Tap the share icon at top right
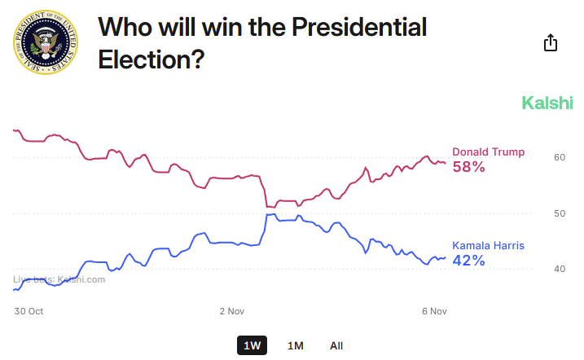(551, 42)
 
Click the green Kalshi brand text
(547, 103)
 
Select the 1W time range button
(252, 345)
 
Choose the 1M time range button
(296, 345)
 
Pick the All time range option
(336, 345)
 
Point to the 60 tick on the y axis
(560, 157)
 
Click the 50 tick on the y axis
(560, 213)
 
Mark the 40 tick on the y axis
(560, 270)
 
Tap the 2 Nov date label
(232, 311)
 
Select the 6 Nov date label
(435, 311)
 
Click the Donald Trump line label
(488, 152)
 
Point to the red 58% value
(468, 167)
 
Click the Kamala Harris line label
(488, 246)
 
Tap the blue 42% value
(468, 261)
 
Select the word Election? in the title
(151, 59)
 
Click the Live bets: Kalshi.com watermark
(59, 279)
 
